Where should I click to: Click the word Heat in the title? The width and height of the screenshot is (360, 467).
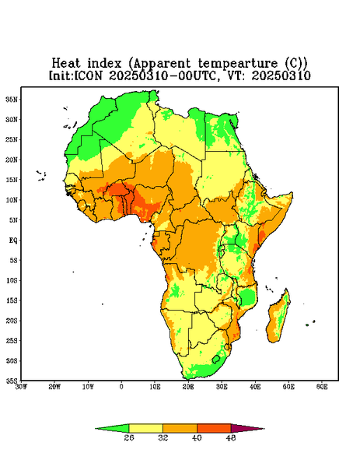click(x=66, y=63)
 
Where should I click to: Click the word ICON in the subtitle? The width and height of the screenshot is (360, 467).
click(x=89, y=75)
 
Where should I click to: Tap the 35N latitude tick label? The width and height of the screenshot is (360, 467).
click(x=12, y=100)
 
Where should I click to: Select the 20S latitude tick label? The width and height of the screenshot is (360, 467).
click(x=12, y=321)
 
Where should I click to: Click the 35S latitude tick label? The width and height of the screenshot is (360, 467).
click(x=12, y=381)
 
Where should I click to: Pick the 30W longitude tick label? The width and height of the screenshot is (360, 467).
click(x=21, y=387)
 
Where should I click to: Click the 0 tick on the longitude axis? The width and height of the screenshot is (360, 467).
click(x=121, y=387)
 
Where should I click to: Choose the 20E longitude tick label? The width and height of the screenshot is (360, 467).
click(x=188, y=387)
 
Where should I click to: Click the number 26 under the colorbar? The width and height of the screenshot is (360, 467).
click(x=129, y=437)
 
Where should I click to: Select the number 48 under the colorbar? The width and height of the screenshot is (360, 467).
click(x=231, y=437)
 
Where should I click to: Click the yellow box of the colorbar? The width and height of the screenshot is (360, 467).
click(x=145, y=428)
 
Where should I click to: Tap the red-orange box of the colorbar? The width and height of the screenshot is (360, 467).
click(x=214, y=428)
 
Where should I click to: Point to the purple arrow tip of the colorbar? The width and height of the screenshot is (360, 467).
click(x=264, y=429)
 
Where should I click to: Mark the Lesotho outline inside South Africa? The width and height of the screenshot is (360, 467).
click(x=216, y=359)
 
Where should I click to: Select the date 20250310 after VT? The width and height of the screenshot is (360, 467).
click(x=281, y=75)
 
